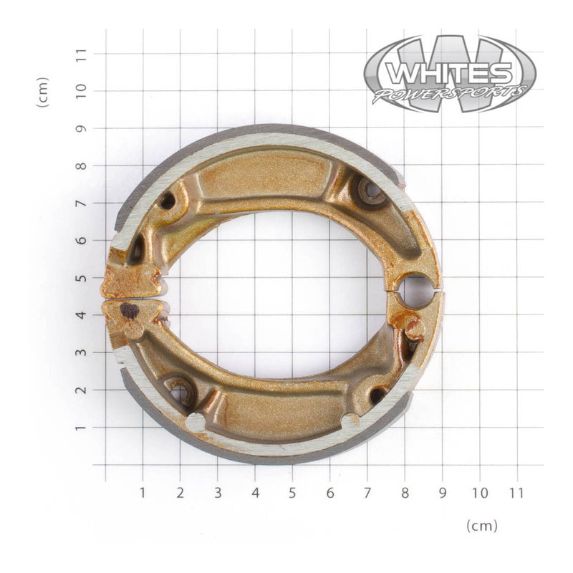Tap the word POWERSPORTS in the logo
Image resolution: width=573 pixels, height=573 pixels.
(x=449, y=94)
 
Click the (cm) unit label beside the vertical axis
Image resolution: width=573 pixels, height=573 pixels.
(x=43, y=92)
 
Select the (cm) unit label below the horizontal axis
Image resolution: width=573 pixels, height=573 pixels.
(x=481, y=526)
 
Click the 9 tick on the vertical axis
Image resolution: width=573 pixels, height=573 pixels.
(x=82, y=128)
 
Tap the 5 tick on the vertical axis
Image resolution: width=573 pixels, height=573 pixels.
(x=82, y=277)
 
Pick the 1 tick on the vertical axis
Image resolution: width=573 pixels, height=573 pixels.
(x=82, y=427)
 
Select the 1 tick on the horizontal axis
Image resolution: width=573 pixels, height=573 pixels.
(x=143, y=493)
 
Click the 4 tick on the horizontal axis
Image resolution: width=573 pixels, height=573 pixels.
(x=255, y=493)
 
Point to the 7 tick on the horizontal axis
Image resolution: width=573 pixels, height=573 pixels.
(x=367, y=493)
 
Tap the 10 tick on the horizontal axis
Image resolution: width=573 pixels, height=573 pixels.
(x=479, y=493)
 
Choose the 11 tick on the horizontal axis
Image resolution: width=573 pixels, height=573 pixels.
(x=516, y=493)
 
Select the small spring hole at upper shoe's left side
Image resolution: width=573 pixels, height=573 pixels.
(x=167, y=201)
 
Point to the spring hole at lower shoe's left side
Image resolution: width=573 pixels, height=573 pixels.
(x=179, y=392)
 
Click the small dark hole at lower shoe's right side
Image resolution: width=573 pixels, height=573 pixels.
(x=377, y=395)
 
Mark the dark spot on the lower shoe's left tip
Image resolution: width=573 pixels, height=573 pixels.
(x=130, y=310)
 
